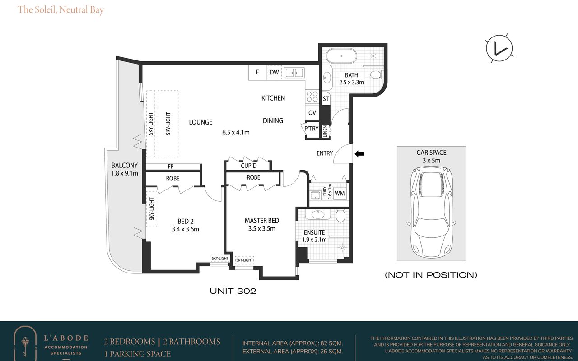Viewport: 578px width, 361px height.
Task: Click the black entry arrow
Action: [x=359, y=154]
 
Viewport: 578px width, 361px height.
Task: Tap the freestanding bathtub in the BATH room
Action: [x=341, y=56]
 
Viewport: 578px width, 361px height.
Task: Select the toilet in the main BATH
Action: [x=377, y=75]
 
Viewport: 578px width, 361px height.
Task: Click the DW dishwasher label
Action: [x=274, y=72]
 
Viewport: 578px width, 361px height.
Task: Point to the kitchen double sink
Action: [x=294, y=73]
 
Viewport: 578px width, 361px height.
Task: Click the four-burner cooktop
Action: [x=312, y=97]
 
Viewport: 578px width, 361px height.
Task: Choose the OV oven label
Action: [x=312, y=113]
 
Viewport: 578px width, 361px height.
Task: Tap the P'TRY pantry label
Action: [x=311, y=129]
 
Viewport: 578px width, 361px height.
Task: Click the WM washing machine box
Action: [x=340, y=194]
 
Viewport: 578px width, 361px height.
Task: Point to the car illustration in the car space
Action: [x=431, y=212]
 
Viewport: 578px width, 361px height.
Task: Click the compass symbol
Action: [x=499, y=48]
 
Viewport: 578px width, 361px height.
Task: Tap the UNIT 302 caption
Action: [x=233, y=291]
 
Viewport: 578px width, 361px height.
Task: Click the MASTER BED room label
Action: [x=261, y=221]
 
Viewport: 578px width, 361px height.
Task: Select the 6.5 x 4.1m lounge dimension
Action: [x=236, y=133]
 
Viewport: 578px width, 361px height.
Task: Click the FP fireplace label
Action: [x=171, y=167]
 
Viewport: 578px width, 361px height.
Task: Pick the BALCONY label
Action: [x=124, y=165]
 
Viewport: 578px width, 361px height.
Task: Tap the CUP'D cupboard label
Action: [x=248, y=166]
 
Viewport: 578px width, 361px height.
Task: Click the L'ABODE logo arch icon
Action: [x=25, y=343]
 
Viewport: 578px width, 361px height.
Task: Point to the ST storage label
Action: [x=326, y=99]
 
